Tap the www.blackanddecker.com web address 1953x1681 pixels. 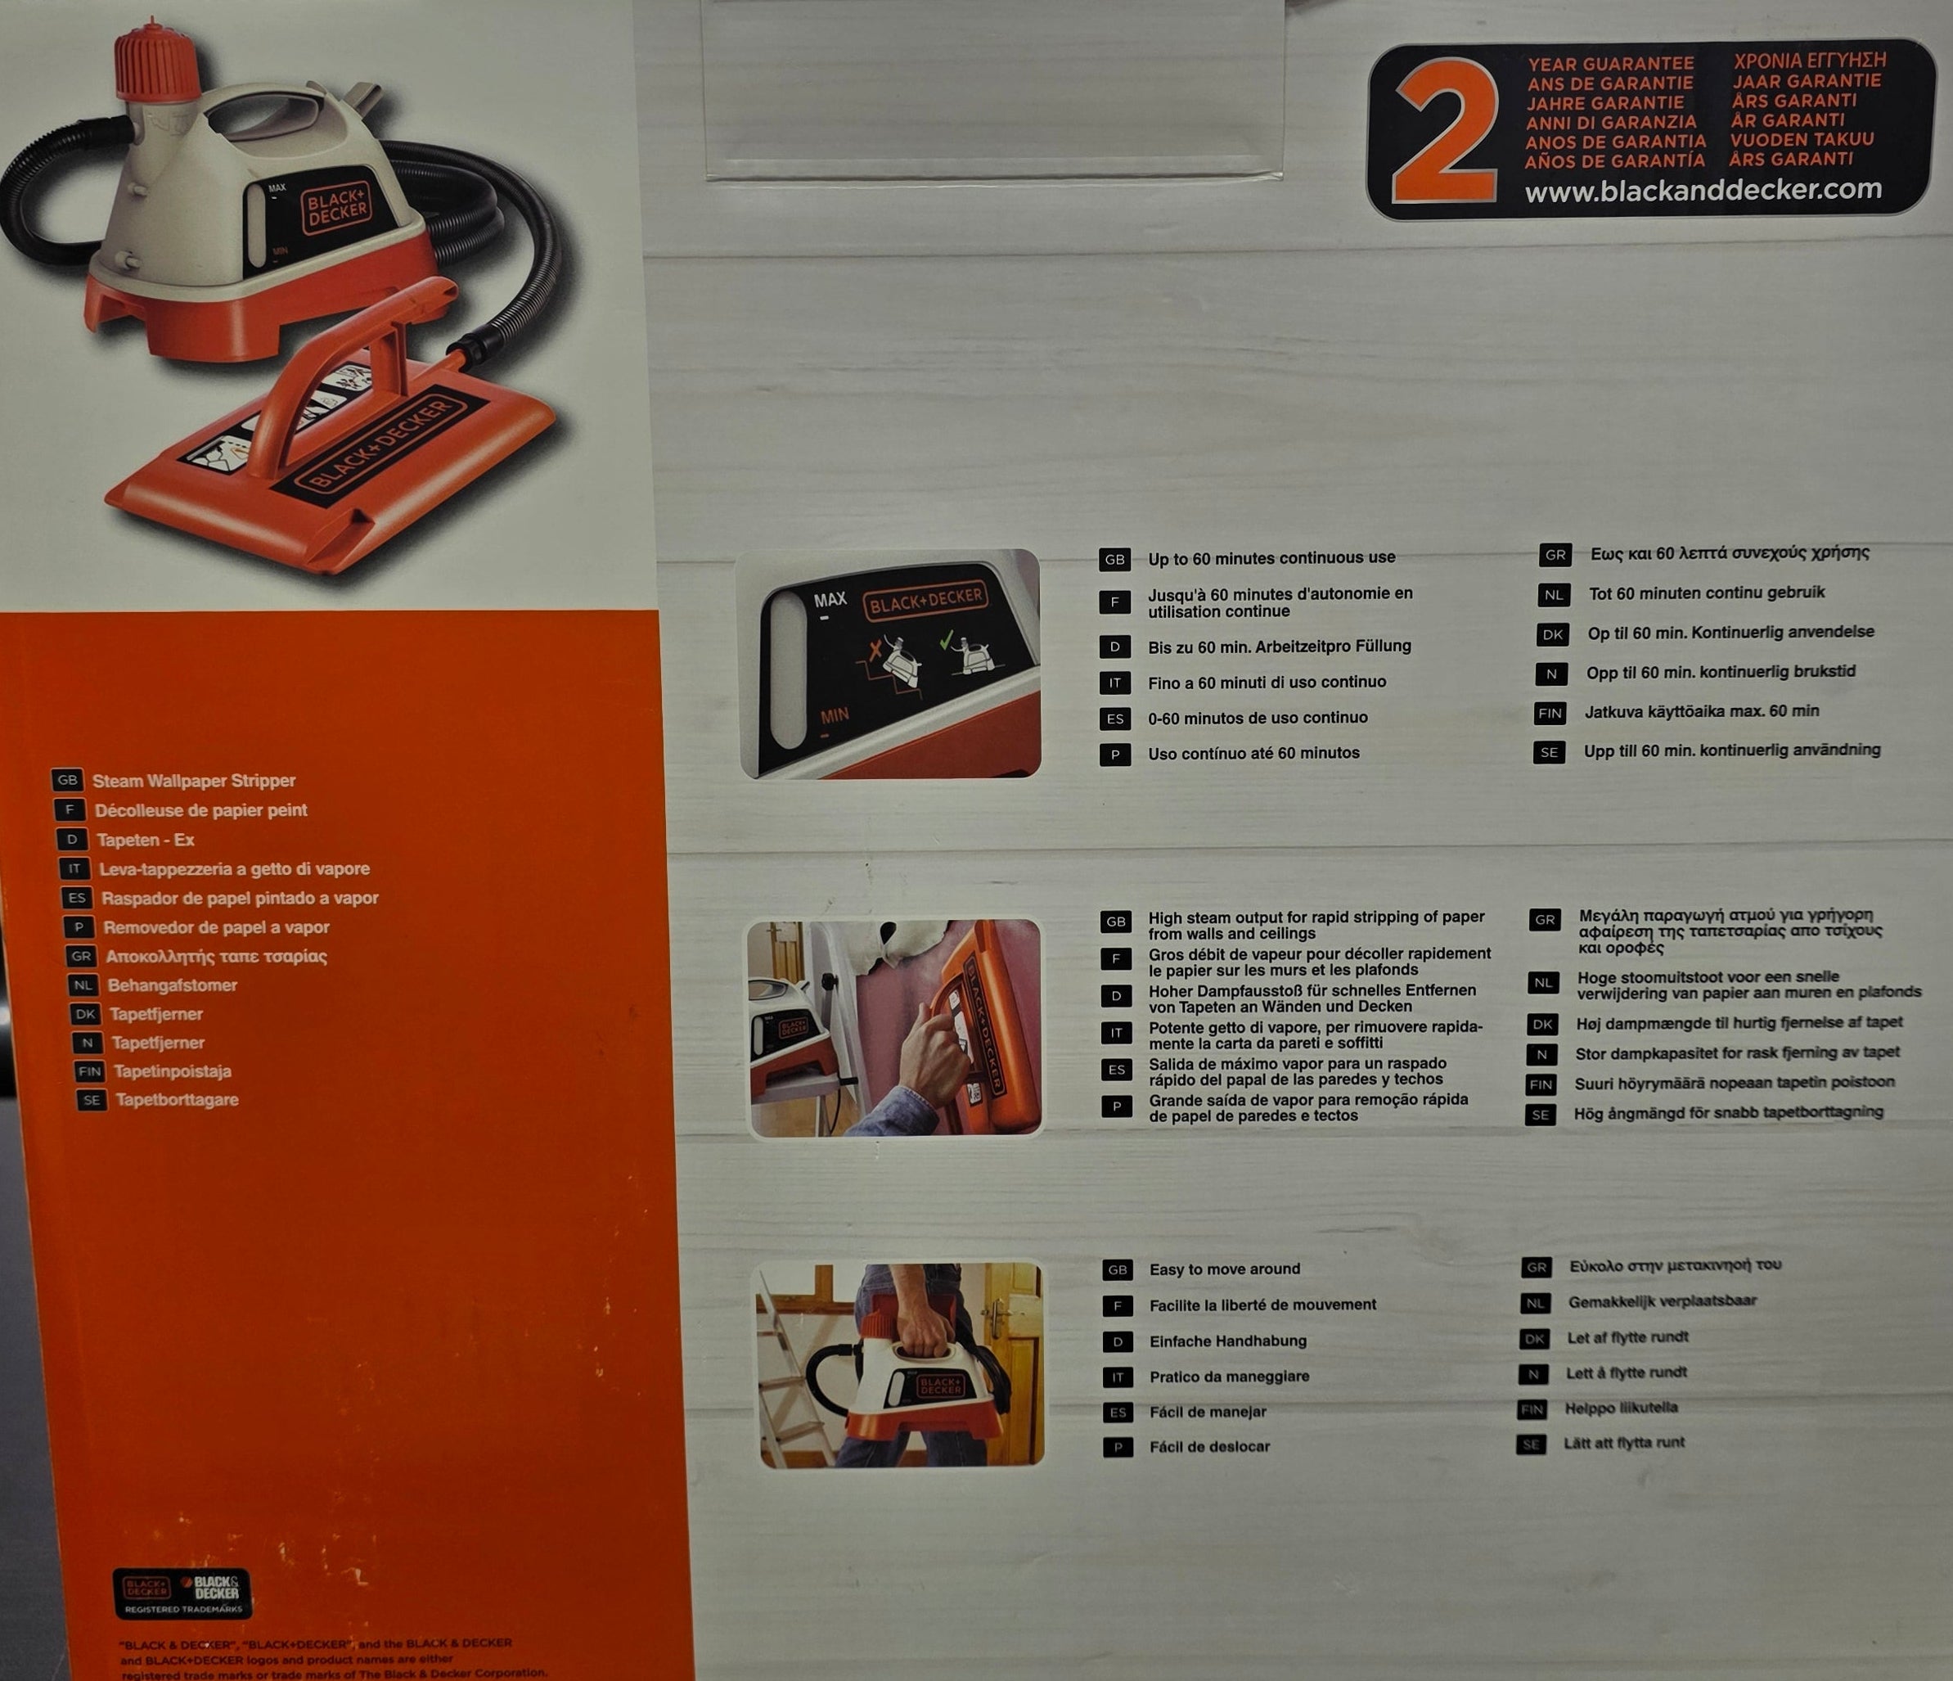pyautogui.click(x=1703, y=191)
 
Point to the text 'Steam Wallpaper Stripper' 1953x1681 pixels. pyautogui.click(x=193, y=781)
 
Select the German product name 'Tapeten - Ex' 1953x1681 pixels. pyautogui.click(x=145, y=839)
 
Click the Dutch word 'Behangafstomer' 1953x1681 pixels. pyautogui.click(x=173, y=985)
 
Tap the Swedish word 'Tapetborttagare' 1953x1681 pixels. pyautogui.click(x=178, y=1099)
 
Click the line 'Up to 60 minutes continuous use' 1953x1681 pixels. pyautogui.click(x=1271, y=558)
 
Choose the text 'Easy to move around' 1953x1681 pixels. pyautogui.click(x=1223, y=1269)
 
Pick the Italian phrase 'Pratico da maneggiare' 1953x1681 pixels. pyautogui.click(x=1228, y=1377)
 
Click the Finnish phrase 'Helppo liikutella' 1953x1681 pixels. pyautogui.click(x=1620, y=1408)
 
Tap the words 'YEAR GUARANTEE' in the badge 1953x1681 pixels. pyautogui.click(x=1610, y=64)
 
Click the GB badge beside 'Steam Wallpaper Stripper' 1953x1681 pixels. pyautogui.click(x=67, y=781)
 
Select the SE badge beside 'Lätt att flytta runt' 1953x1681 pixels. pyautogui.click(x=1531, y=1444)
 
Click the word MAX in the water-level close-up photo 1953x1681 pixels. pyautogui.click(x=830, y=600)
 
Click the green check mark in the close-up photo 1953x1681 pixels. pyautogui.click(x=947, y=641)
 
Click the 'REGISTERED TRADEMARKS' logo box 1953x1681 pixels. pyautogui.click(x=182, y=1593)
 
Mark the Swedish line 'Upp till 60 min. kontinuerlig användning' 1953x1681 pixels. pyautogui.click(x=1731, y=750)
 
